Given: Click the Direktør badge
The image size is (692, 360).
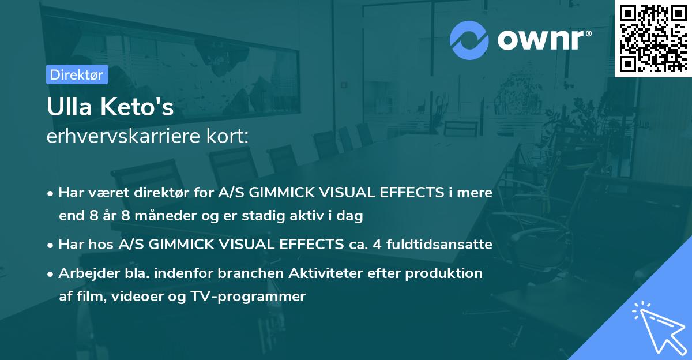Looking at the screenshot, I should tap(77, 74).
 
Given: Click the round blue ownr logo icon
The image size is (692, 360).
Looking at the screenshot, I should tap(470, 40).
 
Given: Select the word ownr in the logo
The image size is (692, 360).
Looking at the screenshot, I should tap(541, 40).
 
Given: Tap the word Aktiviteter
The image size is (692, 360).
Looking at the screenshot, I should tap(325, 273).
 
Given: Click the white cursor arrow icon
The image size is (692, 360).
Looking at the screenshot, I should tap(658, 326).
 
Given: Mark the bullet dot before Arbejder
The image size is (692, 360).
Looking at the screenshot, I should tap(51, 273).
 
